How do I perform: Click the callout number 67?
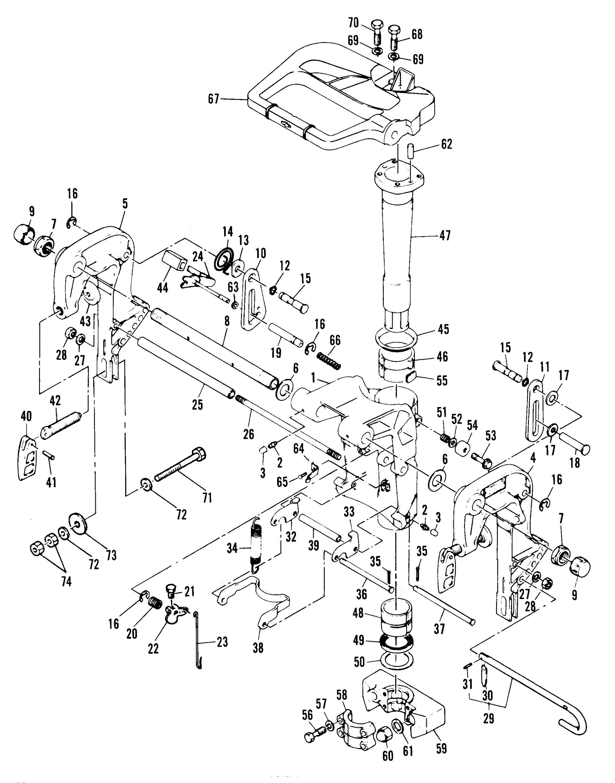[214, 99]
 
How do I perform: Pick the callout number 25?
[197, 405]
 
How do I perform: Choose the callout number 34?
[232, 549]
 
